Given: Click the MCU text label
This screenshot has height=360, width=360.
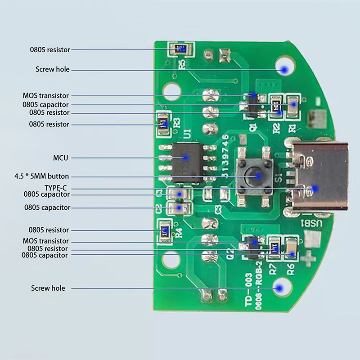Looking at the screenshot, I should [60, 158].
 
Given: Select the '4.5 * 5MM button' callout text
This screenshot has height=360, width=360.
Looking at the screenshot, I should [42, 176].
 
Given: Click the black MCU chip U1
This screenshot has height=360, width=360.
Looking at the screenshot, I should [188, 162].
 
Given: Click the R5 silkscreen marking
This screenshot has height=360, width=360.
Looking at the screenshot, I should [182, 64].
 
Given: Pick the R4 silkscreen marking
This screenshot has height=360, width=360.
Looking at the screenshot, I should [179, 233].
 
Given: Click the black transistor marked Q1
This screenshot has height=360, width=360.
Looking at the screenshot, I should [252, 104].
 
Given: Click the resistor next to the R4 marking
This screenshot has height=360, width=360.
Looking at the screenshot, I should [165, 230].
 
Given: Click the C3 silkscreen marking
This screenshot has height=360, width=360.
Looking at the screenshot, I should [218, 209].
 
